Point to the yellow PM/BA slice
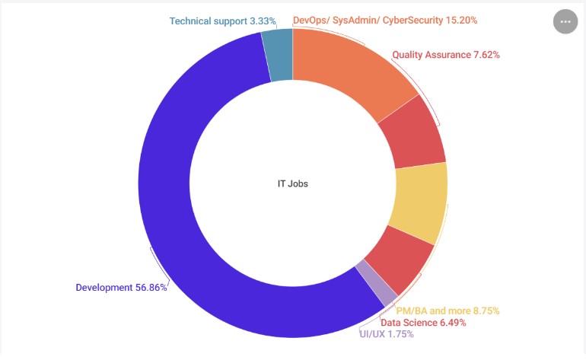click(x=419, y=202)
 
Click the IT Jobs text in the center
click(x=293, y=183)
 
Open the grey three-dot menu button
click(x=565, y=22)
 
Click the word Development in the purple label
click(x=104, y=288)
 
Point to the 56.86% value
click(x=151, y=288)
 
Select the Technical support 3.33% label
click(x=223, y=21)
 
